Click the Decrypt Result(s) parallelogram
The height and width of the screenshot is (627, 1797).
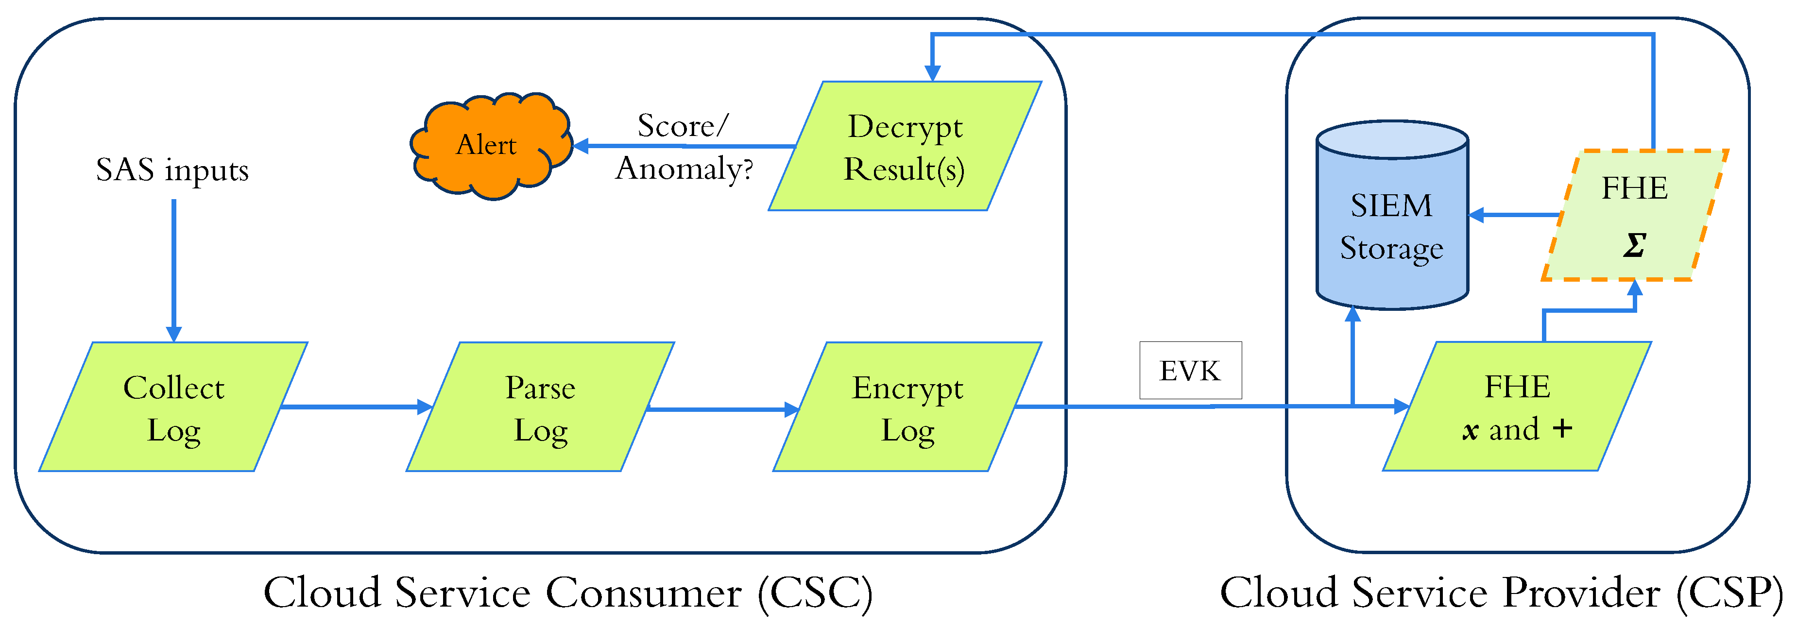[905, 147]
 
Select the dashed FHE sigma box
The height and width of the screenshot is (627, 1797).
[1634, 215]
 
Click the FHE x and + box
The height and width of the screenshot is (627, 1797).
[1517, 407]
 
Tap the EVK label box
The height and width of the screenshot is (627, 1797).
[1190, 371]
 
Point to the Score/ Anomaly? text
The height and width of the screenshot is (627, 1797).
[684, 147]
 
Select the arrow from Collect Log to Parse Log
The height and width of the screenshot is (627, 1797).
[356, 407]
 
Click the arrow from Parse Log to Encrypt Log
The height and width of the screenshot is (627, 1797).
[722, 409]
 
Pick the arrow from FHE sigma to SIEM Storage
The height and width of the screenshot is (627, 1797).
[1514, 215]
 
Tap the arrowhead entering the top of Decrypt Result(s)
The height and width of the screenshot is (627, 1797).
[932, 72]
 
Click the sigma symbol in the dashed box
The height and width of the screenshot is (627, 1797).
[1634, 245]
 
